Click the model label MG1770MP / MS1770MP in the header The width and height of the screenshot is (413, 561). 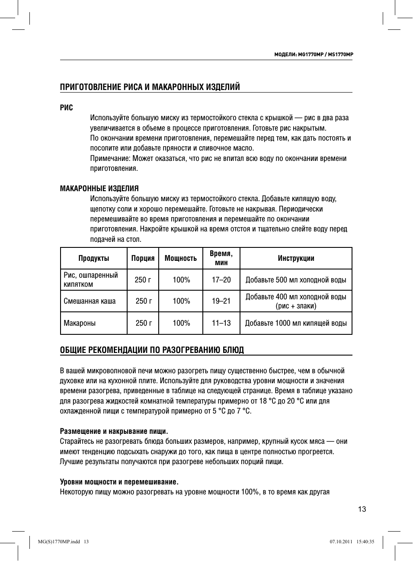[x=314, y=55]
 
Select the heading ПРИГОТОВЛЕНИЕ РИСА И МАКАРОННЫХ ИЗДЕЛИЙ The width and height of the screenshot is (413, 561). [x=150, y=87]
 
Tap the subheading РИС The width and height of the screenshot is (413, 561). [x=66, y=107]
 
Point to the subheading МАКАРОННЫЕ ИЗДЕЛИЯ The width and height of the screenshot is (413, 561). [x=99, y=189]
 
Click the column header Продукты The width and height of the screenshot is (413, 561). [x=94, y=258]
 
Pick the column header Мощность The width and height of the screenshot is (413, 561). [x=181, y=258]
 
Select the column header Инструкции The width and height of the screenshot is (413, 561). [x=296, y=258]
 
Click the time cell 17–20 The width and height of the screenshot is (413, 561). [x=221, y=280]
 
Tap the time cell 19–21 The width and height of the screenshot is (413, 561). [x=221, y=301]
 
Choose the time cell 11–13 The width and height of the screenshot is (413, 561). [x=221, y=323]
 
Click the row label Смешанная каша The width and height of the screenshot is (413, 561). [x=90, y=301]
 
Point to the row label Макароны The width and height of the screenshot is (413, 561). [x=80, y=323]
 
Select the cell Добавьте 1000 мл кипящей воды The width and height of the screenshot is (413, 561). [x=296, y=323]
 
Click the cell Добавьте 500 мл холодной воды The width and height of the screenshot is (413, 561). [x=296, y=280]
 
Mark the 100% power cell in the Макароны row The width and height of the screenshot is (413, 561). [x=181, y=323]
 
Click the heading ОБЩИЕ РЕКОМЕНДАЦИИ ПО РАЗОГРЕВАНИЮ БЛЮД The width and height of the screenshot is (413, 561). [x=152, y=349]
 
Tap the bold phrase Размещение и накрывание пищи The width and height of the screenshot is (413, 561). [x=113, y=431]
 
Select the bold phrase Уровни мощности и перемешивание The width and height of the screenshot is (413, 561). [x=119, y=482]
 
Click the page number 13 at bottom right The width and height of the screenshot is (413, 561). [x=362, y=509]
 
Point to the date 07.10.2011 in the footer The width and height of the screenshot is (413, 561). [x=341, y=542]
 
